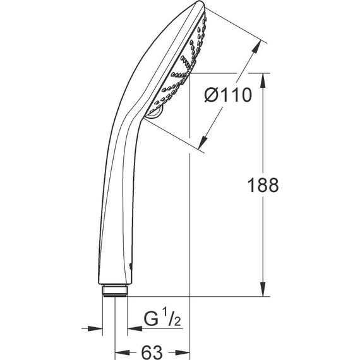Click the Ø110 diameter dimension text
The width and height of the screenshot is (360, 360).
[x=228, y=95]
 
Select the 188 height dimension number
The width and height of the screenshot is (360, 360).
[x=263, y=185]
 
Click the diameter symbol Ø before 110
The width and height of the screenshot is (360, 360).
[x=212, y=95]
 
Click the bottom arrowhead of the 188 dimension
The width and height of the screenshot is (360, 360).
[x=263, y=291]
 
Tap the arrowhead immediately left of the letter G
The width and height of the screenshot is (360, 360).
[x=133, y=328]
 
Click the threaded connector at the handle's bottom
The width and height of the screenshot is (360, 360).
[x=114, y=291]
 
